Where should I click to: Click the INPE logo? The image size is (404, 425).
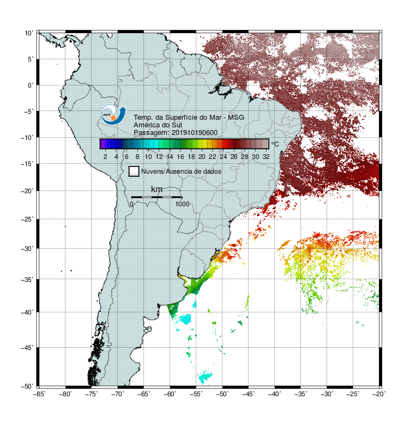point(113,115)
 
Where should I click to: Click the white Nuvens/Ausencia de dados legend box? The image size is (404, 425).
point(134,171)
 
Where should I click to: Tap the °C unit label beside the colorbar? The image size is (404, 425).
point(275,144)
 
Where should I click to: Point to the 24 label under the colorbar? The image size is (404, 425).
point(223,157)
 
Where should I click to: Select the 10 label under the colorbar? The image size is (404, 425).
point(148,157)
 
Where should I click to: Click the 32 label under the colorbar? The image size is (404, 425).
point(266,157)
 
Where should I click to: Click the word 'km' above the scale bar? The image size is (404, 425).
point(156,189)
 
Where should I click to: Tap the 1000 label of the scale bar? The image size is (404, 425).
point(182,204)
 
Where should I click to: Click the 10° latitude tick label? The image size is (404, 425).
point(29,33)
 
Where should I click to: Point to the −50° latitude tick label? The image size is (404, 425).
point(27,386)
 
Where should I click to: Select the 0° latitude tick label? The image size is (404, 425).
point(31,85)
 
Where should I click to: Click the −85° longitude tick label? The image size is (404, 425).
point(39,394)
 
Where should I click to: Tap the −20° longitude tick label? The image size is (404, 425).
point(379,394)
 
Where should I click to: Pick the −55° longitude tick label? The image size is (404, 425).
point(196,394)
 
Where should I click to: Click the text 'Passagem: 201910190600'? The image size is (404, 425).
point(176,133)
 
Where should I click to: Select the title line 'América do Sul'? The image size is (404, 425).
point(158,125)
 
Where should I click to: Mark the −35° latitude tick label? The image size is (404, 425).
point(27,279)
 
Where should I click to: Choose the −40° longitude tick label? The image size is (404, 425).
point(274,394)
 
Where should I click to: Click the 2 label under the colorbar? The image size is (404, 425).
point(105,157)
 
